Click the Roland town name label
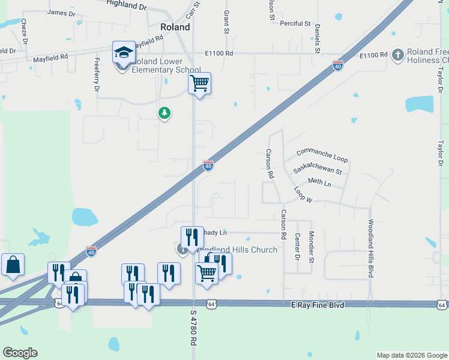click(x=175, y=27)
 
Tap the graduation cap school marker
click(x=124, y=52)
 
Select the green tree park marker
click(x=164, y=113)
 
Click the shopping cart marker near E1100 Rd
click(x=199, y=83)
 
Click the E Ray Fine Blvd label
click(x=319, y=305)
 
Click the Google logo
click(x=20, y=353)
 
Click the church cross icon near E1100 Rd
click(x=397, y=56)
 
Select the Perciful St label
click(x=295, y=23)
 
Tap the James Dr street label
click(x=61, y=12)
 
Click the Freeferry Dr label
click(x=96, y=75)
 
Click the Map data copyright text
click(x=412, y=355)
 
